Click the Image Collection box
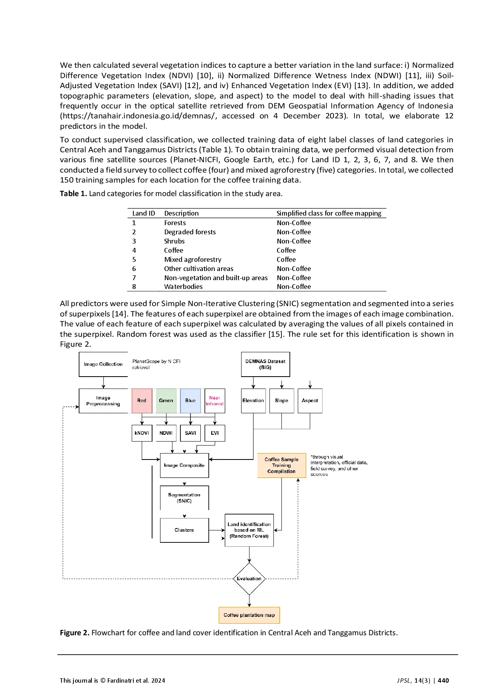click(103, 364)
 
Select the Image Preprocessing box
click(103, 401)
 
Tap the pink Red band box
click(142, 401)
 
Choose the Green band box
click(166, 401)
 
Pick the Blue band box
click(190, 401)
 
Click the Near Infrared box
click(215, 401)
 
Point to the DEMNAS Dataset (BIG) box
click(265, 364)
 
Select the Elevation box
click(253, 401)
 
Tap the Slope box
click(281, 401)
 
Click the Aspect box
click(310, 401)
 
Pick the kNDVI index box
click(142, 433)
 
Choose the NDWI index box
click(166, 433)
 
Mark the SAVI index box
click(190, 433)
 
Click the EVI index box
click(215, 433)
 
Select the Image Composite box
click(184, 465)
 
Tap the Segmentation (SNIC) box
click(184, 498)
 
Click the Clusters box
click(184, 530)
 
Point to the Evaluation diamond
click(249, 579)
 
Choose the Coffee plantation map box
click(249, 615)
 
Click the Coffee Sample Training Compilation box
click(281, 465)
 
